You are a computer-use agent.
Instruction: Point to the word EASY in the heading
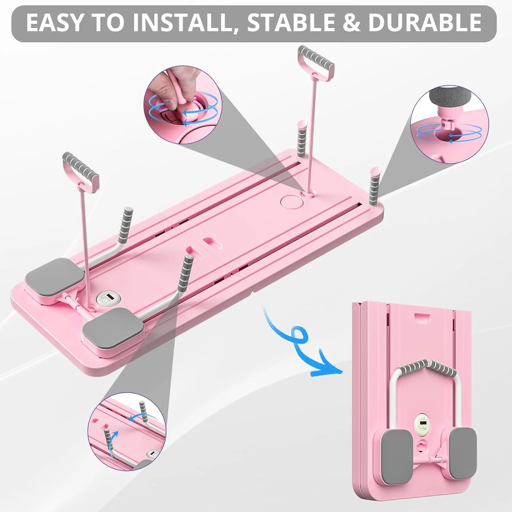tap(55, 23)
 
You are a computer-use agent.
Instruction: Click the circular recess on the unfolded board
tap(289, 202)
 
